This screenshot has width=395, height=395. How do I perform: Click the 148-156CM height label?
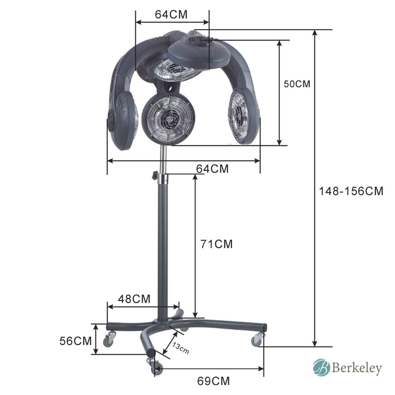pyautogui.click(x=351, y=191)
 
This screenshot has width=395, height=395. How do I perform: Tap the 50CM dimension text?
pyautogui.click(x=297, y=84)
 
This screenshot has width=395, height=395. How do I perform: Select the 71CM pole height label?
pyautogui.click(x=216, y=244)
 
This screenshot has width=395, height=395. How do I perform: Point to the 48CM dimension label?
pyautogui.click(x=134, y=299)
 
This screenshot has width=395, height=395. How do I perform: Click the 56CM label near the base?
pyautogui.click(x=75, y=341)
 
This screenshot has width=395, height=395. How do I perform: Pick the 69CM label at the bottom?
pyautogui.click(x=213, y=381)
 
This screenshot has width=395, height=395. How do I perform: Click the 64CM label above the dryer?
pyautogui.click(x=171, y=15)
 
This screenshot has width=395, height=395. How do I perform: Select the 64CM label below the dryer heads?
pyautogui.click(x=212, y=169)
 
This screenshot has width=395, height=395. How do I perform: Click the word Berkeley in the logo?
pyautogui.click(x=357, y=368)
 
